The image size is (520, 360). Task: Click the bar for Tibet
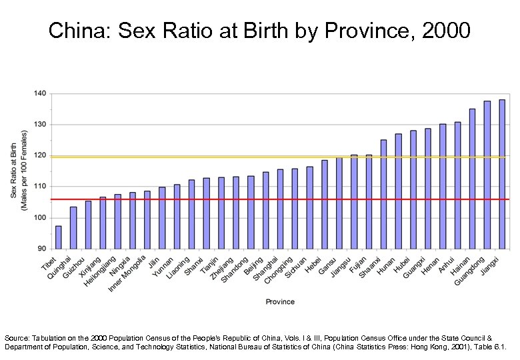(58, 237)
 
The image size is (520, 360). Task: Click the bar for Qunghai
(73, 227)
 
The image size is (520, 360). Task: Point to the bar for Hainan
(472, 178)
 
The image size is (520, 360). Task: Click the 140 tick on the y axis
(41, 93)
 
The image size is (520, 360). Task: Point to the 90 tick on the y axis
(42, 249)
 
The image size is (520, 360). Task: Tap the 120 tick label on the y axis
(41, 155)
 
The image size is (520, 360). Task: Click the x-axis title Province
(280, 302)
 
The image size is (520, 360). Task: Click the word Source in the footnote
(18, 339)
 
